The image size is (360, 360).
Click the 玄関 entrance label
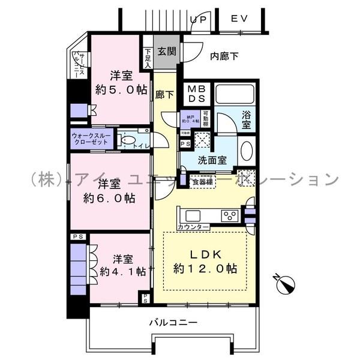[167, 52]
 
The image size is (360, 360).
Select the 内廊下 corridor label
[224, 56]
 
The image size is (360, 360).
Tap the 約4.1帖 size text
[122, 271]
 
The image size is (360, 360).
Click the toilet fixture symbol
[127, 140]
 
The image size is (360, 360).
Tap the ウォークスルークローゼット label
[91, 139]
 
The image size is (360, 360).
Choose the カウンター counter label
[193, 226]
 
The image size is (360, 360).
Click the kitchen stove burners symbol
[229, 215]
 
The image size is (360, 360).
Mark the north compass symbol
[286, 283]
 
